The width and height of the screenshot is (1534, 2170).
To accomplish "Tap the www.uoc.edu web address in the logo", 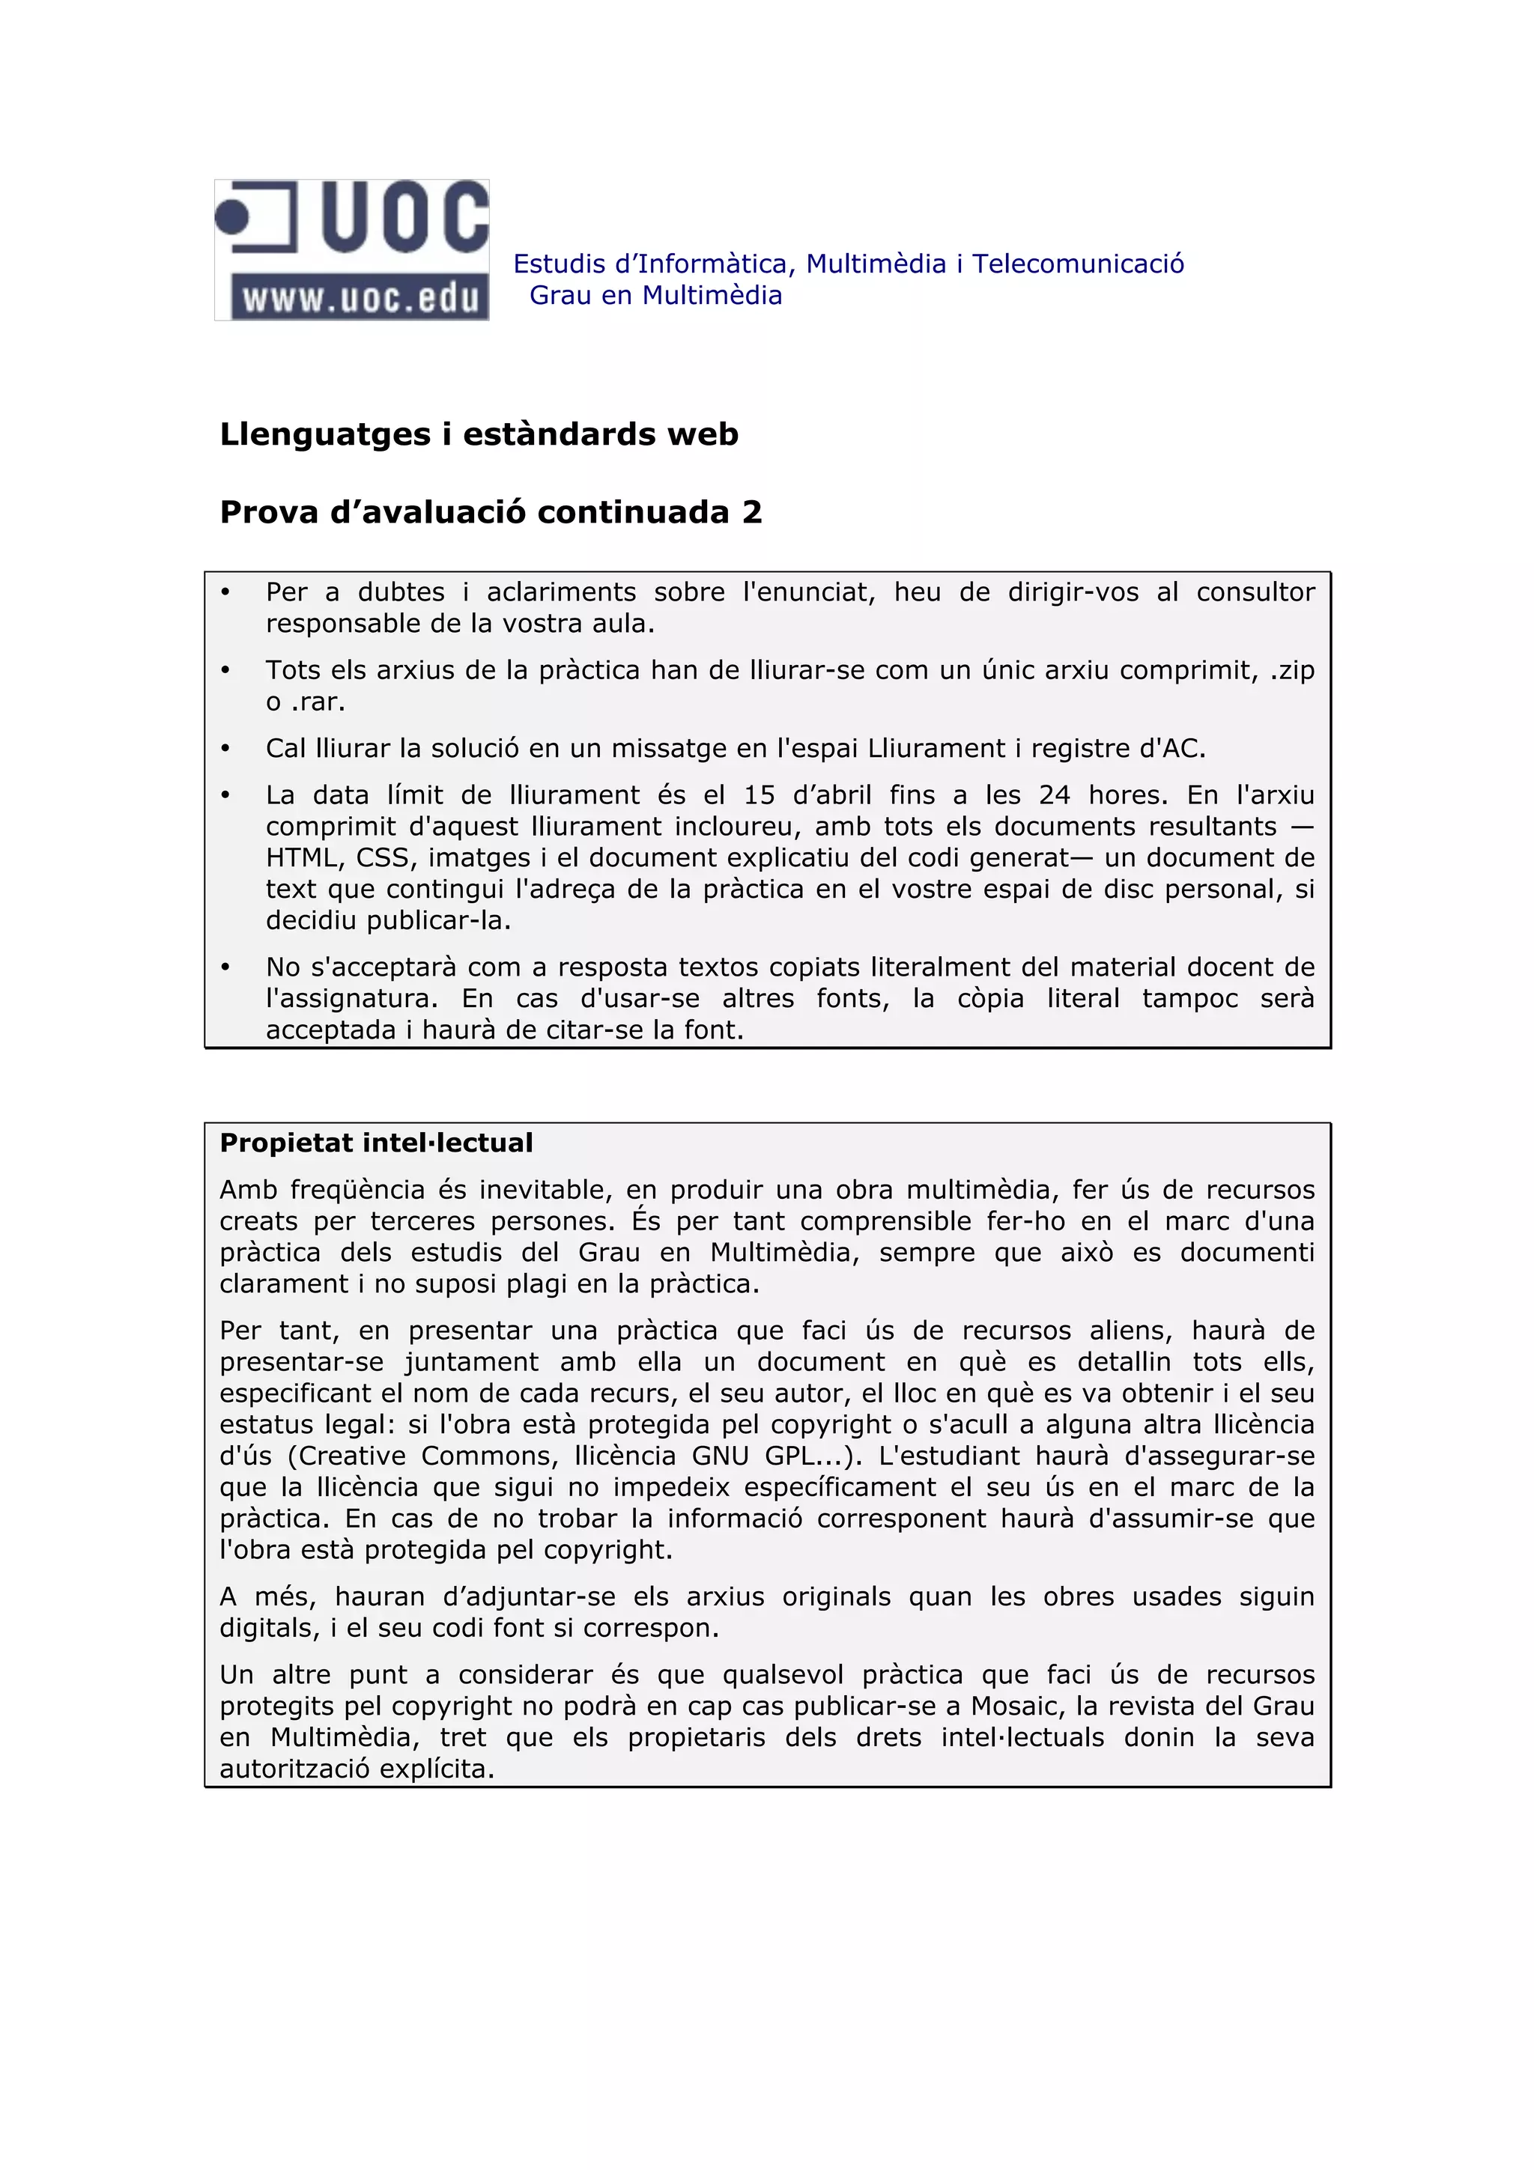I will click(360, 298).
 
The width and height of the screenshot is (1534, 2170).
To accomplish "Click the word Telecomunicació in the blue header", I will click(1078, 264).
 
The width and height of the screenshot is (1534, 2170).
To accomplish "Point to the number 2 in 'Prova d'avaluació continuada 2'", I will click(751, 512).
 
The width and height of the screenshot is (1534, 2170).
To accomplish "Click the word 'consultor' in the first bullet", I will click(1255, 592).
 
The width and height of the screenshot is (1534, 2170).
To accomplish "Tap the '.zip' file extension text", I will click(1292, 671).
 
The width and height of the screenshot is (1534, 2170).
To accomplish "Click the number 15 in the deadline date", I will click(759, 796).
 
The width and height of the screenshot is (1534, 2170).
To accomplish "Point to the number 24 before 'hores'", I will click(1054, 796).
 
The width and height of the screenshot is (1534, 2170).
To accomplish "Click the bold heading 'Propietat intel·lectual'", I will click(376, 1143).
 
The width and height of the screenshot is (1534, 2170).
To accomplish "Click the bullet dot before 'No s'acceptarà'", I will click(225, 967).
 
